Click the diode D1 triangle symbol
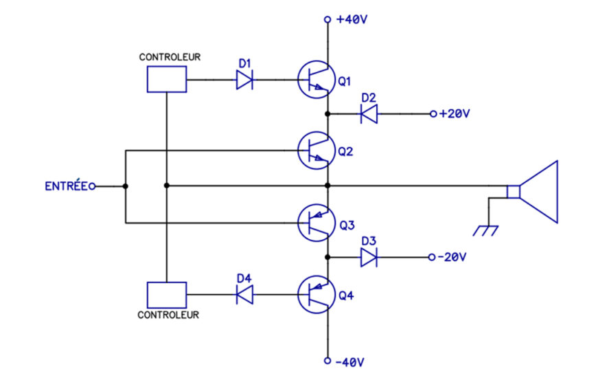tap(244, 80)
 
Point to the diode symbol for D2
tap(369, 114)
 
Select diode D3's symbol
tap(369, 257)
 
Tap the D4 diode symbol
tap(244, 294)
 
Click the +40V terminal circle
tap(327, 19)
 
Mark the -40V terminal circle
tap(327, 361)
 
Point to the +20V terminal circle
tap(433, 114)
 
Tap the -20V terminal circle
tap(432, 257)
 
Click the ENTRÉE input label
tap(67, 186)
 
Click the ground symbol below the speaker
tap(486, 231)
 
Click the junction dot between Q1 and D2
tap(327, 114)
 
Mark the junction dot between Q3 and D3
tap(327, 257)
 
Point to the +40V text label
tap(352, 19)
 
